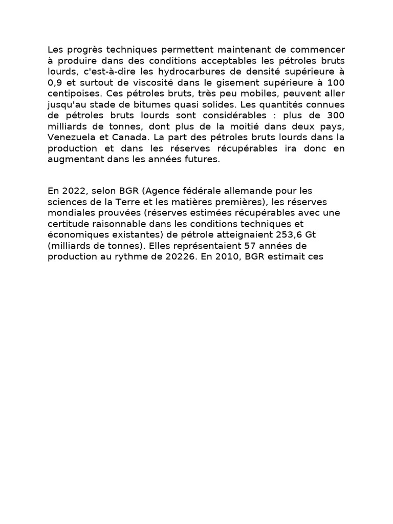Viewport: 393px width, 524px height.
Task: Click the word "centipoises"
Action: [x=70, y=94]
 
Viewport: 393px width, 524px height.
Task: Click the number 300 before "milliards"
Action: [x=335, y=116]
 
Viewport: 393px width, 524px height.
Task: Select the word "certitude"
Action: [x=68, y=224]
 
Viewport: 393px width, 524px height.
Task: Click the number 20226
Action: [x=181, y=257]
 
